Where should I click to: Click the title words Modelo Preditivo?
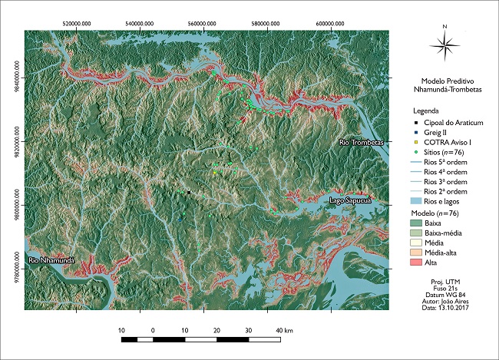(445, 81)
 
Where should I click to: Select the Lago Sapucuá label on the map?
(350, 200)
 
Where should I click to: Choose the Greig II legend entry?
(435, 133)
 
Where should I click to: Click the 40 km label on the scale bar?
(284, 330)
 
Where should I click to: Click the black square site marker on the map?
(188, 192)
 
